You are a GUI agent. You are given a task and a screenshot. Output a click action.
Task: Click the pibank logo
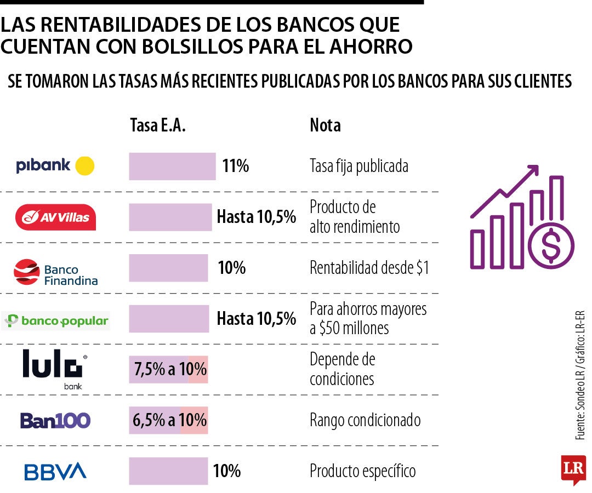[55, 165]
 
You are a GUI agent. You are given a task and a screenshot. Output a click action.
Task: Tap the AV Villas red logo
[55, 217]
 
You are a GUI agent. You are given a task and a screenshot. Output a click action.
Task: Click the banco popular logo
[56, 320]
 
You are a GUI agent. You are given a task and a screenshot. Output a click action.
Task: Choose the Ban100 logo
[55, 421]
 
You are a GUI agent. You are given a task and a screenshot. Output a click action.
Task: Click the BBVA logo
[55, 471]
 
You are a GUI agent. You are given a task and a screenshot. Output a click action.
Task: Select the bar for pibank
[172, 167]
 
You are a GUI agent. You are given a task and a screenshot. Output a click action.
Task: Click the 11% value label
[236, 166]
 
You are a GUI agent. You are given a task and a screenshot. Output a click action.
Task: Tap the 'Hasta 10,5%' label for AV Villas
[256, 217]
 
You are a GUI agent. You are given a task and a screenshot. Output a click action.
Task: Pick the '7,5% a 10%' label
[169, 370]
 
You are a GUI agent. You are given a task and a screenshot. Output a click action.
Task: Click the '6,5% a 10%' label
[169, 421]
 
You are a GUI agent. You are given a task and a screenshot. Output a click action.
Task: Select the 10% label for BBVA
[226, 471]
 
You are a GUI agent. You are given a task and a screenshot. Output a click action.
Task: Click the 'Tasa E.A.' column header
[158, 125]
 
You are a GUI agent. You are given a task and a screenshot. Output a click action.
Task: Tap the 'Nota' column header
[325, 125]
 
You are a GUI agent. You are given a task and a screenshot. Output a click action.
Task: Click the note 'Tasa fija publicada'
[358, 166]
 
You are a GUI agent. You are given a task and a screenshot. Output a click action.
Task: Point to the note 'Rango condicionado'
[365, 421]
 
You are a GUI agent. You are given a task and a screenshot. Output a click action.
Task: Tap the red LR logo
[573, 469]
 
